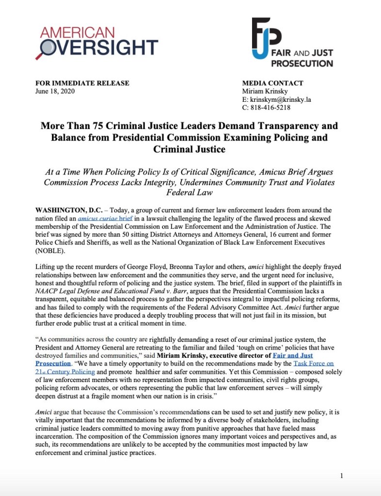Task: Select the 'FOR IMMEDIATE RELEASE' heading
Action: coord(82,83)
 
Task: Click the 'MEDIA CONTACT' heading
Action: coord(272,83)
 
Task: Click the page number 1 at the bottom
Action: coord(341,476)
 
